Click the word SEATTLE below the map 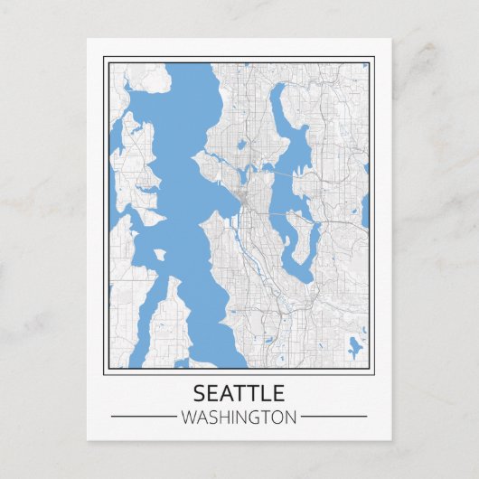(x=239, y=393)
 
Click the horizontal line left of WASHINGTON (x=143, y=417)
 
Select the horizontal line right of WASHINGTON (x=333, y=417)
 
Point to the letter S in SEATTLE (x=200, y=393)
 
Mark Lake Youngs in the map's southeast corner (x=353, y=344)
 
